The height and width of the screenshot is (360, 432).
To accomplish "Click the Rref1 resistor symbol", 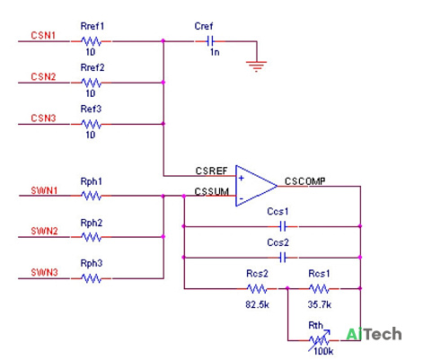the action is [91, 41].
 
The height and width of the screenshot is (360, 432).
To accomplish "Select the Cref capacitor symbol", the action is [210, 41].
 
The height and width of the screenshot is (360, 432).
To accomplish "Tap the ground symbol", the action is [256, 66].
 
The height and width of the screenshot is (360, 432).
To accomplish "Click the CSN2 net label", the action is [43, 76].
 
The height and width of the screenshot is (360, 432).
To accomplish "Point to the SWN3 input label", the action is [44, 272].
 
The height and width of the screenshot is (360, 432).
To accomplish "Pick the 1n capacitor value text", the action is [215, 52].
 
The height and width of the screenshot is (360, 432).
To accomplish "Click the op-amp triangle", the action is [256, 186].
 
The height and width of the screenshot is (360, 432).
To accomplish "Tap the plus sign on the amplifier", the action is [242, 179].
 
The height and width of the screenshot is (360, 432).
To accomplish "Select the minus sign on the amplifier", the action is [241, 198].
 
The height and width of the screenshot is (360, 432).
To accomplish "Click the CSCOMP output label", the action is [305, 181].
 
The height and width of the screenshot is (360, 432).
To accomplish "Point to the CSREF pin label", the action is [211, 171].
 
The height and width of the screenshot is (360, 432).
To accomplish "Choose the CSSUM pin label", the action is [212, 191].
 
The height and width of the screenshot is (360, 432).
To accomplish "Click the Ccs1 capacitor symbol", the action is [283, 226].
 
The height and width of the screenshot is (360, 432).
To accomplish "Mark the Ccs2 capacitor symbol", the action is [283, 258].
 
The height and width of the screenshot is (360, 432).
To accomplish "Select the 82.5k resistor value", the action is [257, 304].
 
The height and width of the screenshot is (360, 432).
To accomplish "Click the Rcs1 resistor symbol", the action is [319, 289].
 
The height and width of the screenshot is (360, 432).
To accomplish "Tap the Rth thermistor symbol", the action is [319, 340].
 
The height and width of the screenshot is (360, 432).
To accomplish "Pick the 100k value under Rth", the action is [323, 351].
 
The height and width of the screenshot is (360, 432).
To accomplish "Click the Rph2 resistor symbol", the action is [91, 237].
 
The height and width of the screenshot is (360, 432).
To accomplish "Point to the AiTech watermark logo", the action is [374, 334].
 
